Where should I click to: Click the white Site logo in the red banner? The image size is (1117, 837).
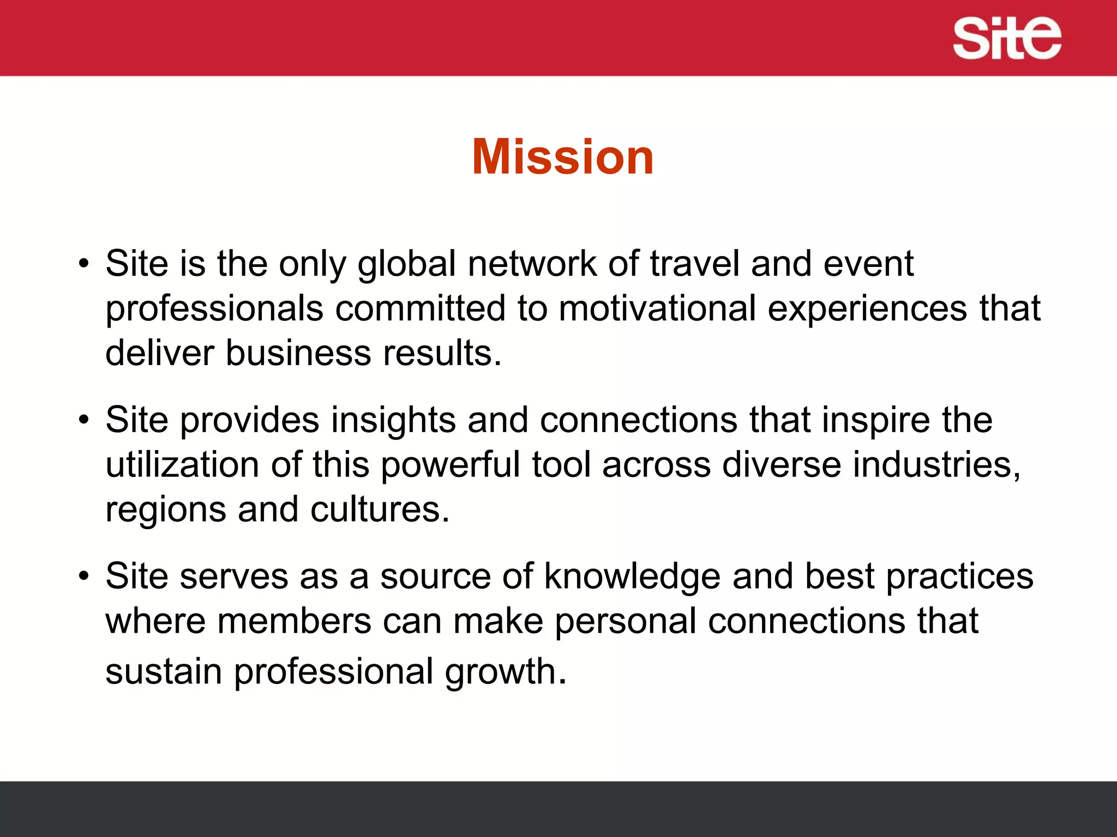tap(1007, 38)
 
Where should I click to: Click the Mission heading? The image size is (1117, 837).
tap(562, 157)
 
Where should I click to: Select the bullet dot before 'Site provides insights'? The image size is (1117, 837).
tap(83, 421)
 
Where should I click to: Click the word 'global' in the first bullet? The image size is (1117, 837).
tap(406, 264)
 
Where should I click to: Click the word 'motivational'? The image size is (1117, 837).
tap(657, 309)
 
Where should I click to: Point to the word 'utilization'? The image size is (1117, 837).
tap(182, 465)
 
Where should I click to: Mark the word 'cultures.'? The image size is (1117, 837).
tap(380, 510)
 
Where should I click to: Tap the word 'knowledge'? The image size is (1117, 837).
tap(632, 577)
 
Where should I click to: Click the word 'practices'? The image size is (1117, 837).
tap(959, 577)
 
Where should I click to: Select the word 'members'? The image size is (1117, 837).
tap(294, 621)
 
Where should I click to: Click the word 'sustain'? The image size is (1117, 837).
tap(164, 671)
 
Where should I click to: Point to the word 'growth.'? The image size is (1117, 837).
tap(506, 672)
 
